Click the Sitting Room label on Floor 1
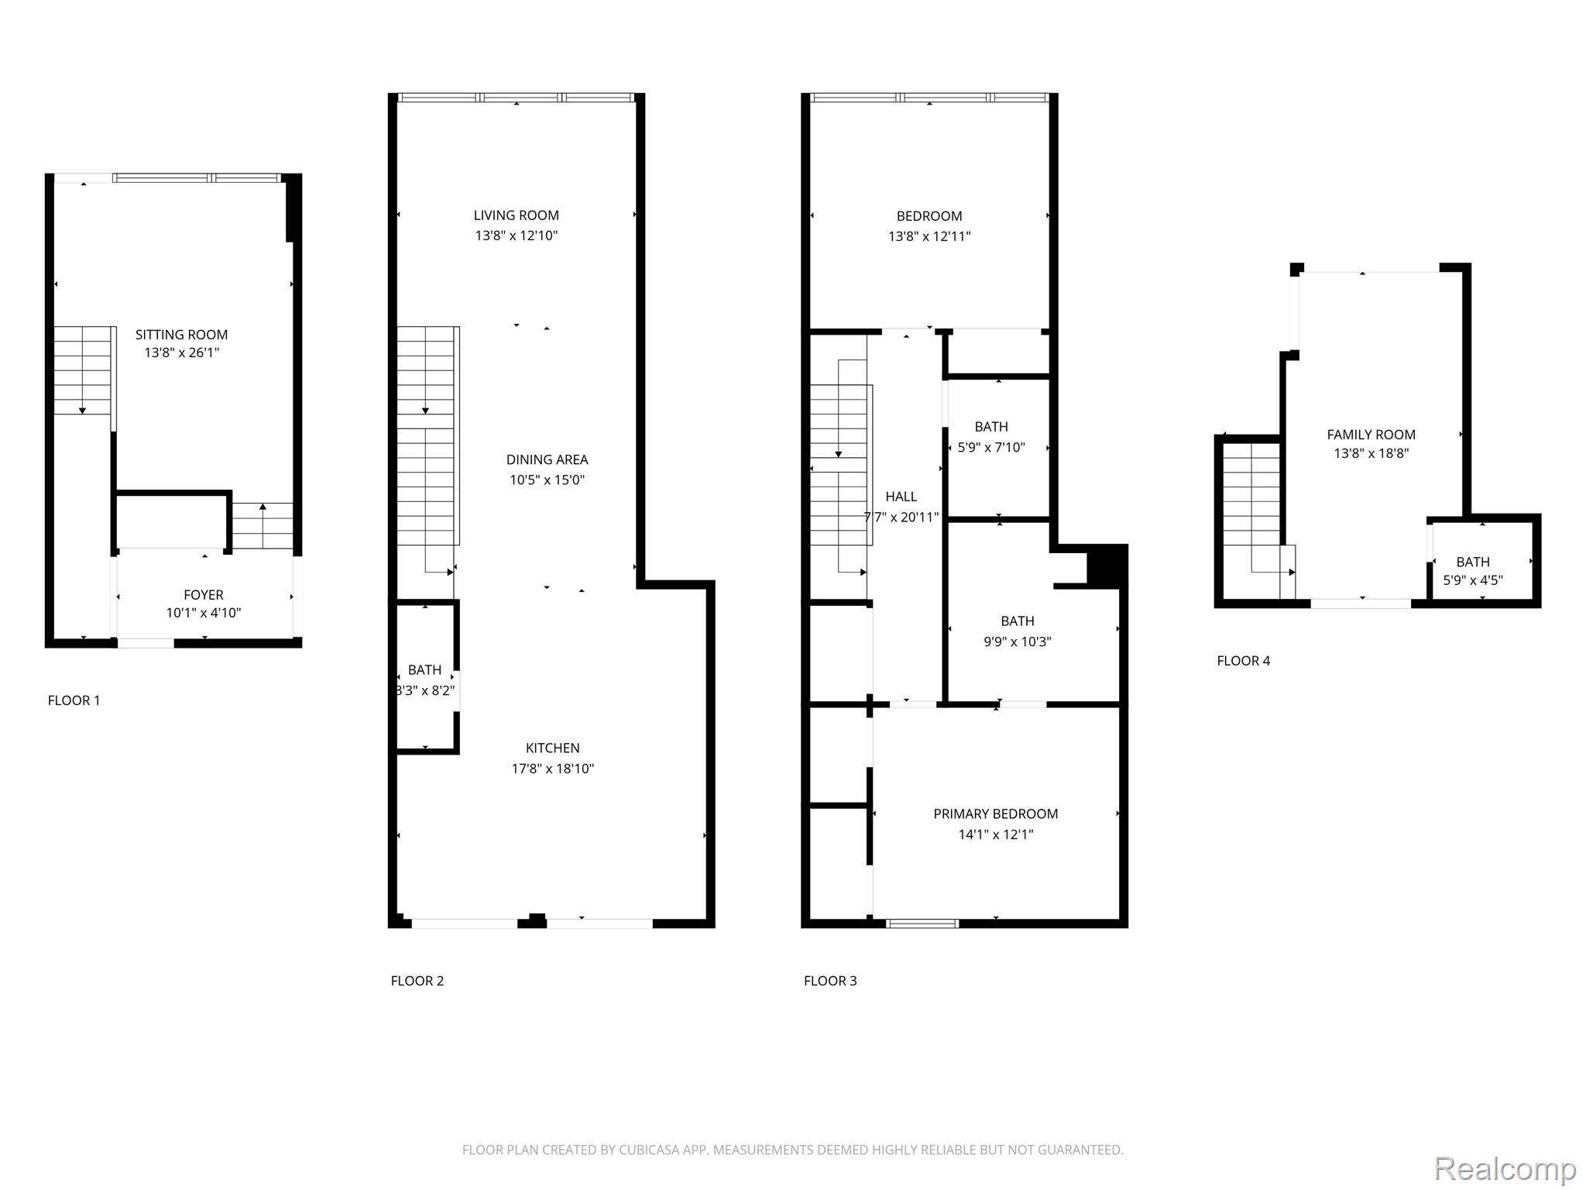coord(181,335)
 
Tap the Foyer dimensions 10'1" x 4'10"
coord(204,613)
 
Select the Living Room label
coord(517,215)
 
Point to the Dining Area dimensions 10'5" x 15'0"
coord(547,480)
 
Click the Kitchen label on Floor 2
coord(553,748)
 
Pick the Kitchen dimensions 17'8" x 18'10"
coord(553,769)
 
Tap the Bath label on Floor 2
coord(424,669)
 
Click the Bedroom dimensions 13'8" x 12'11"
coord(929,236)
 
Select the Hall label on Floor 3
coord(901,497)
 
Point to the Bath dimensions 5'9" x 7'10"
coord(991,447)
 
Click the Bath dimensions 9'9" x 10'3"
coord(1018,641)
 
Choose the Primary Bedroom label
coord(996,813)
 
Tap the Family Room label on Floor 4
coord(1371,435)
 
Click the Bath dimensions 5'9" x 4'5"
coord(1473,580)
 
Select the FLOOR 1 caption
coord(74,700)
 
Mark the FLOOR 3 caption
coord(830,981)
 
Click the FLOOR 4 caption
coord(1244,661)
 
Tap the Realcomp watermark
coord(1505,1168)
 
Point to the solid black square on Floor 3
coord(1107,565)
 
